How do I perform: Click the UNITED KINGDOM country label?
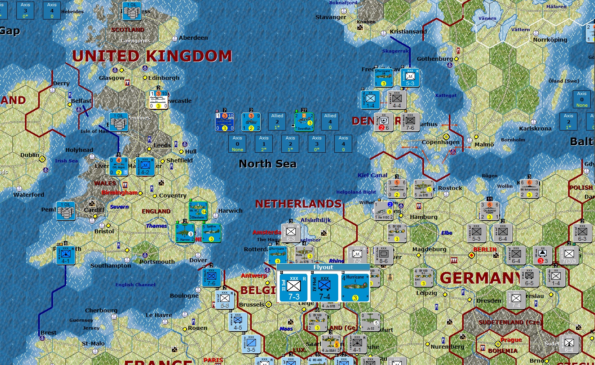(152, 56)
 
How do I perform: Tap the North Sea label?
(267, 164)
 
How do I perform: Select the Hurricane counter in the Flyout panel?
(355, 288)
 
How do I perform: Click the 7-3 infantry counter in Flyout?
(293, 288)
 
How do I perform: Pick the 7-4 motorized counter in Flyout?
(324, 288)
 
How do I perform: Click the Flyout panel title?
(323, 267)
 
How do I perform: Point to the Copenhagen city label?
(440, 142)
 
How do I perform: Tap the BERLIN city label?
(485, 249)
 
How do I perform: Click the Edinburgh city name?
(164, 78)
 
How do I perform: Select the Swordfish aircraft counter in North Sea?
(304, 122)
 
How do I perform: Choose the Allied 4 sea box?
(330, 121)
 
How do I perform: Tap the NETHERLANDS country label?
(298, 204)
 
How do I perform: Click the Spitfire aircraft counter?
(211, 233)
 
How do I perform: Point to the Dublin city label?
(30, 155)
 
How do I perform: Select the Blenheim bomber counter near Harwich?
(198, 211)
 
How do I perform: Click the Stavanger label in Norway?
(331, 17)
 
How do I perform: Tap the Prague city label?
(511, 340)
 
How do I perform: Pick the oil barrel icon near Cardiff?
(66, 211)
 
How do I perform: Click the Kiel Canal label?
(373, 175)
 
